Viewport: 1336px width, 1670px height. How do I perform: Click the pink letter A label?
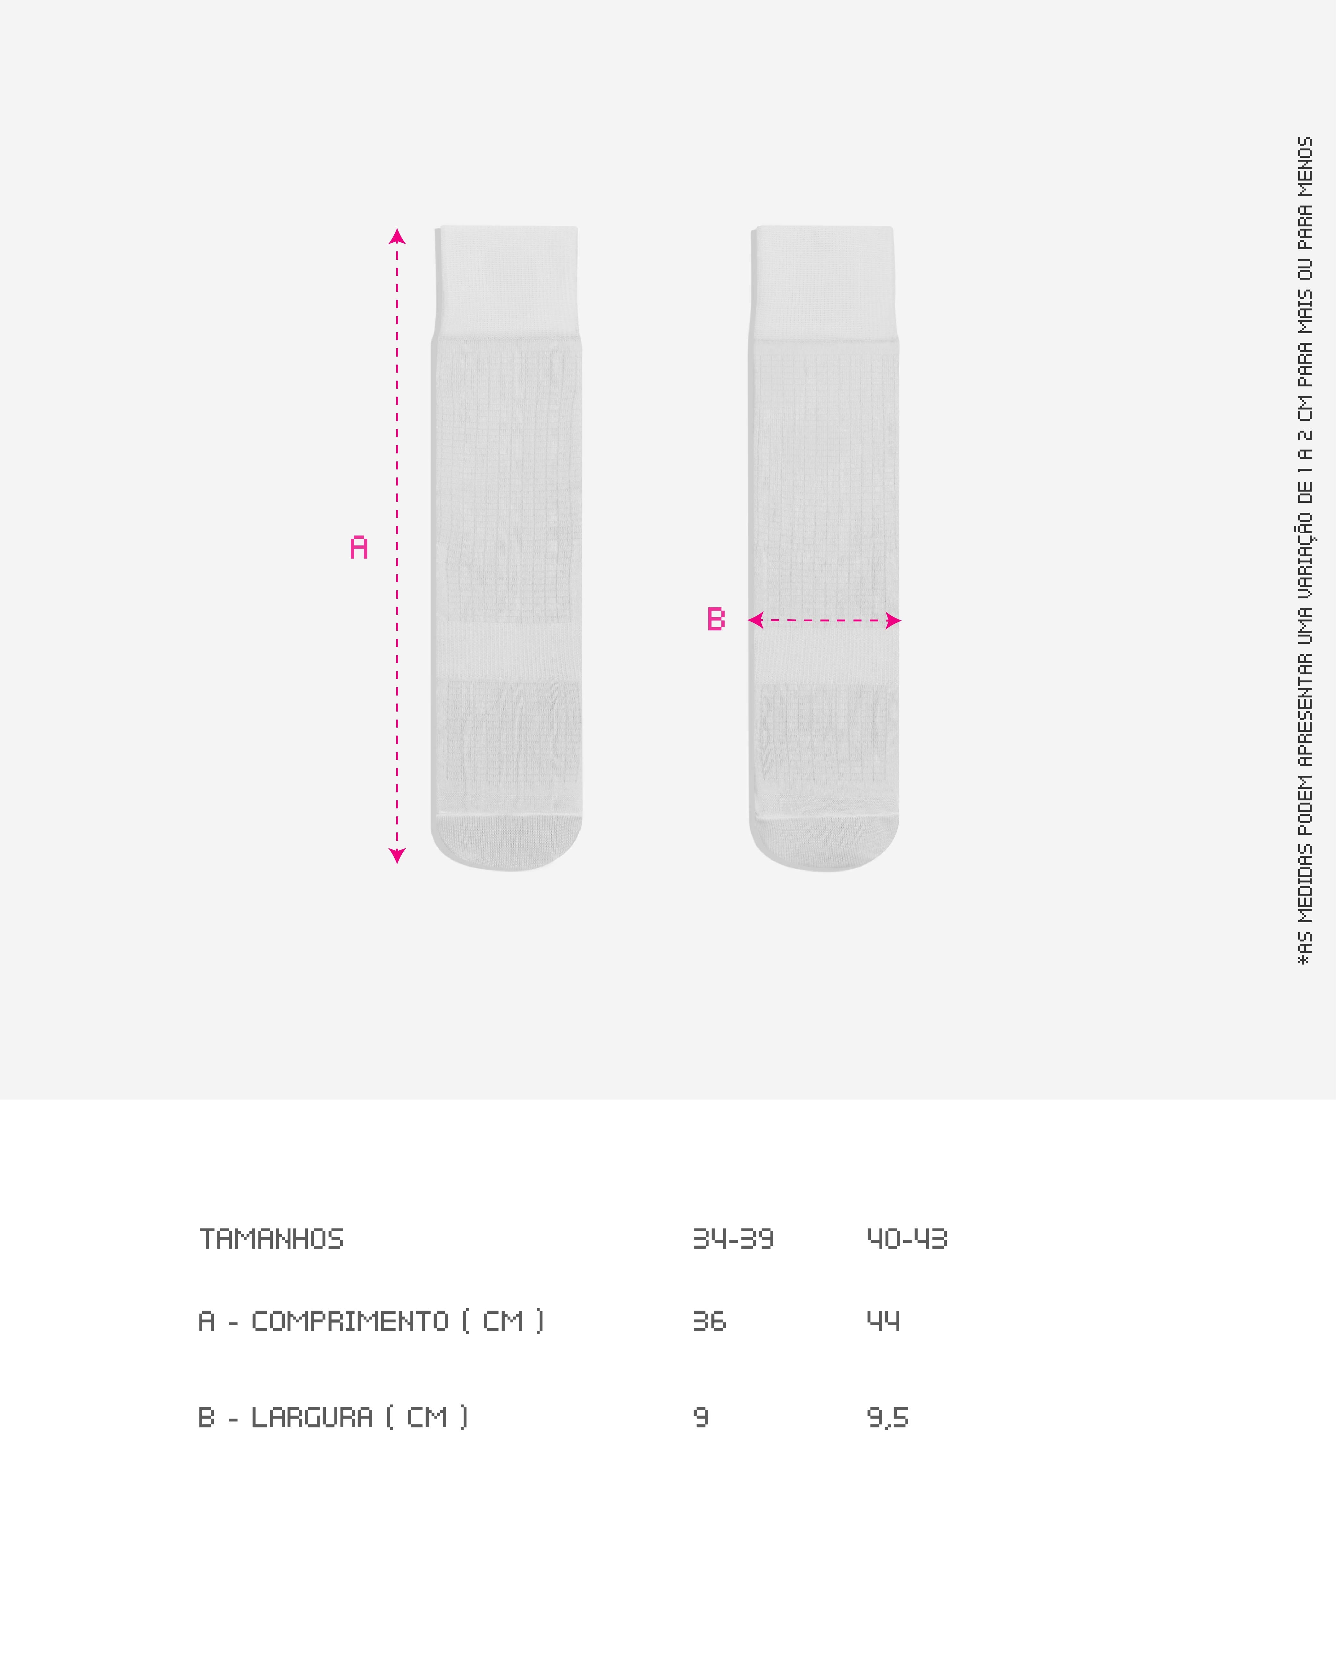[358, 548]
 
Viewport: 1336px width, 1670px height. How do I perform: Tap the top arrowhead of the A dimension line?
[397, 236]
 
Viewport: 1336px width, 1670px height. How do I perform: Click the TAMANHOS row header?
[271, 1239]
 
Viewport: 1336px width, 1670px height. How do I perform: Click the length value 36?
[710, 1321]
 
